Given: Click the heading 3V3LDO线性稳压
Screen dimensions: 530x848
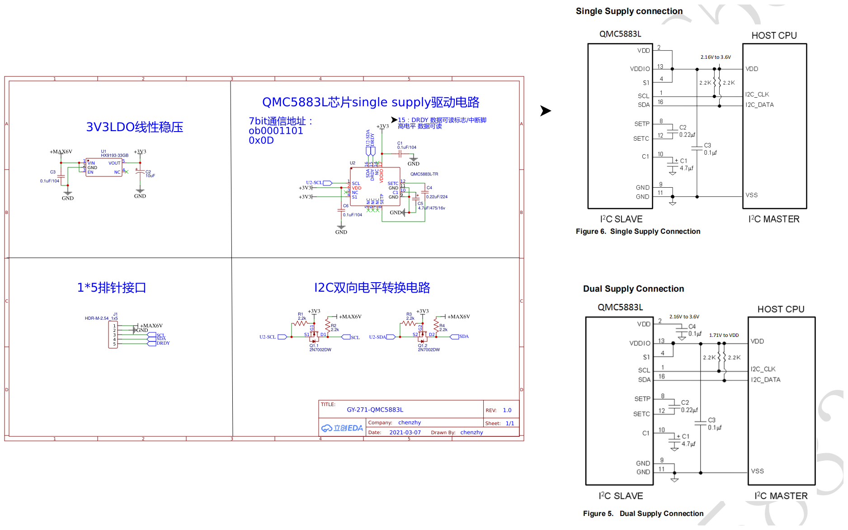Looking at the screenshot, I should click(134, 127).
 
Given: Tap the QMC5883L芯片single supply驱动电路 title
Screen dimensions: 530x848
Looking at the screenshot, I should click(371, 102).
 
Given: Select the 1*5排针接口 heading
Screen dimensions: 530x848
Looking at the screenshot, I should click(111, 288).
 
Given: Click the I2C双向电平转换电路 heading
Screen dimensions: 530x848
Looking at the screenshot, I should click(372, 288).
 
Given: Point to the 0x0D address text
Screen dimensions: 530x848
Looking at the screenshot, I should click(261, 141).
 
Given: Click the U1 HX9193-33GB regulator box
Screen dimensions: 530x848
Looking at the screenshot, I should click(104, 167).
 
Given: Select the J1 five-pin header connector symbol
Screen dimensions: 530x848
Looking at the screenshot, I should click(113, 335).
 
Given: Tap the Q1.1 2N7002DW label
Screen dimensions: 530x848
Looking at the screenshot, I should click(320, 348).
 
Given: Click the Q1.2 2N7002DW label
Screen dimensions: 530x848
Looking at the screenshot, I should click(429, 348).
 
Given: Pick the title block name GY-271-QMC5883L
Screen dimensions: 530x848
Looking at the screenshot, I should click(375, 410).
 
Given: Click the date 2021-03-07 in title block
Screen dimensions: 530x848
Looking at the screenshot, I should click(405, 432).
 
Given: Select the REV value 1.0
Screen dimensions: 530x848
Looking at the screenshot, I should click(507, 410).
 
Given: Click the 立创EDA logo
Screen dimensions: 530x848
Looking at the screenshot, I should click(342, 428).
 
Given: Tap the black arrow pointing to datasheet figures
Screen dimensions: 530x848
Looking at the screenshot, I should click(546, 111).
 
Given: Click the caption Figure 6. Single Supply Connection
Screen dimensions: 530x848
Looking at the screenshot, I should click(638, 232).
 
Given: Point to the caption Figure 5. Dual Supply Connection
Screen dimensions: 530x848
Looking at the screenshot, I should click(643, 514).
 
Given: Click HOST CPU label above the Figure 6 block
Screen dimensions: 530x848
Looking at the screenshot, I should click(774, 36).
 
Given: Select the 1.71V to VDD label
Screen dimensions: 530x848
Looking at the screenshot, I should click(724, 335).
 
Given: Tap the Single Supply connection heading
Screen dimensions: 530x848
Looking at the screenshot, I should click(629, 11).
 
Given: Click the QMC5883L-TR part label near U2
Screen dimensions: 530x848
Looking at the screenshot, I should click(424, 174).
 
